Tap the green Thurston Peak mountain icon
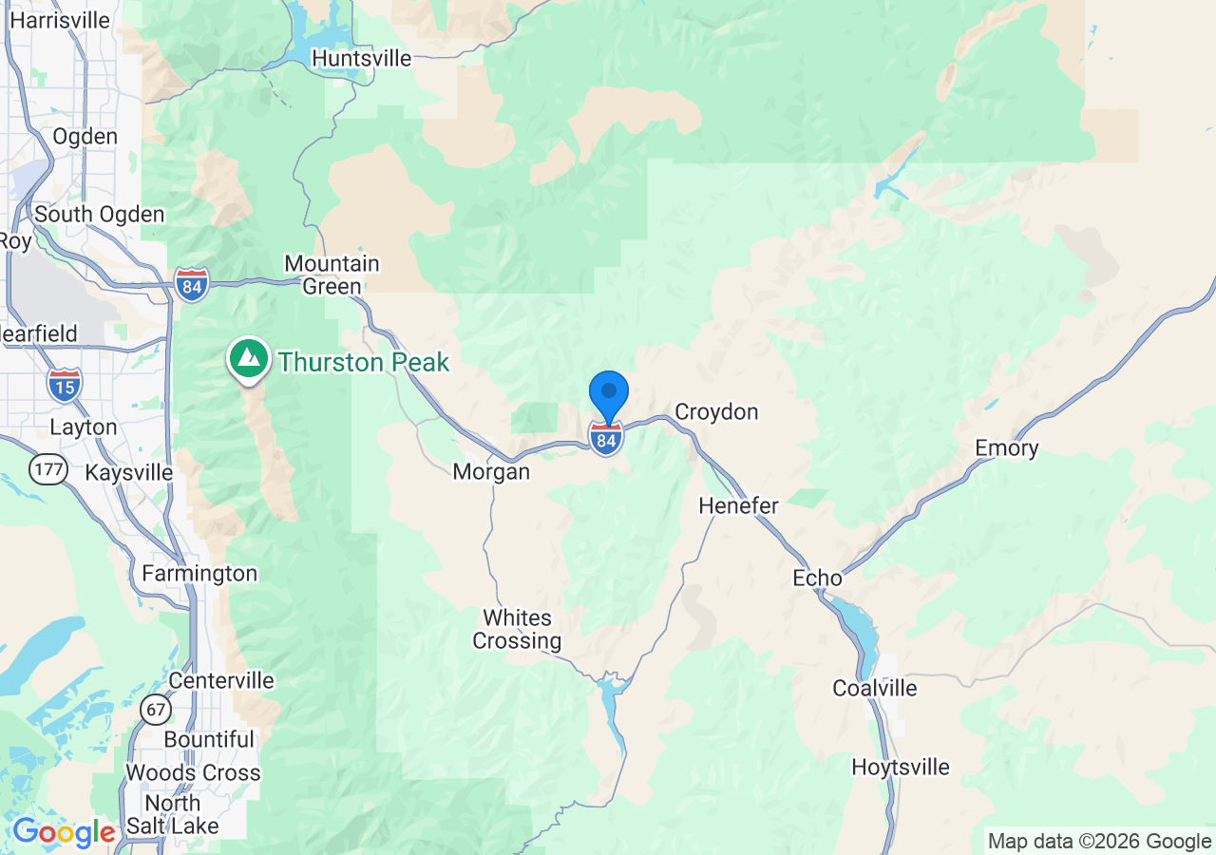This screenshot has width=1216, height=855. (249, 359)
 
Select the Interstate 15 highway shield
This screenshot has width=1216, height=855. (64, 384)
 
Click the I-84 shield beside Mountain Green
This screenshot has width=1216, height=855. (192, 284)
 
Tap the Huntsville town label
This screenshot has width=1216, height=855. (362, 59)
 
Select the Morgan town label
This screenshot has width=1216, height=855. (491, 472)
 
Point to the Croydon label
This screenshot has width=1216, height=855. (716, 412)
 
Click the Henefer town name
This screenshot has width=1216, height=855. (738, 506)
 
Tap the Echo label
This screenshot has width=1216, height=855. (817, 579)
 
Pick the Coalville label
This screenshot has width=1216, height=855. (875, 689)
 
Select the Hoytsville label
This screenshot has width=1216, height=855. (901, 768)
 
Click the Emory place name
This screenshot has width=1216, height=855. (1007, 448)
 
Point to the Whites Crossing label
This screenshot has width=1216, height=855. (517, 630)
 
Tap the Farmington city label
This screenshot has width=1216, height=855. (199, 574)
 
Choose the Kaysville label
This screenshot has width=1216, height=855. (129, 473)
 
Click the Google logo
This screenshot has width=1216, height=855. (64, 832)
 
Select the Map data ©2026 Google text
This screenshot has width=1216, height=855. (1100, 842)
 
